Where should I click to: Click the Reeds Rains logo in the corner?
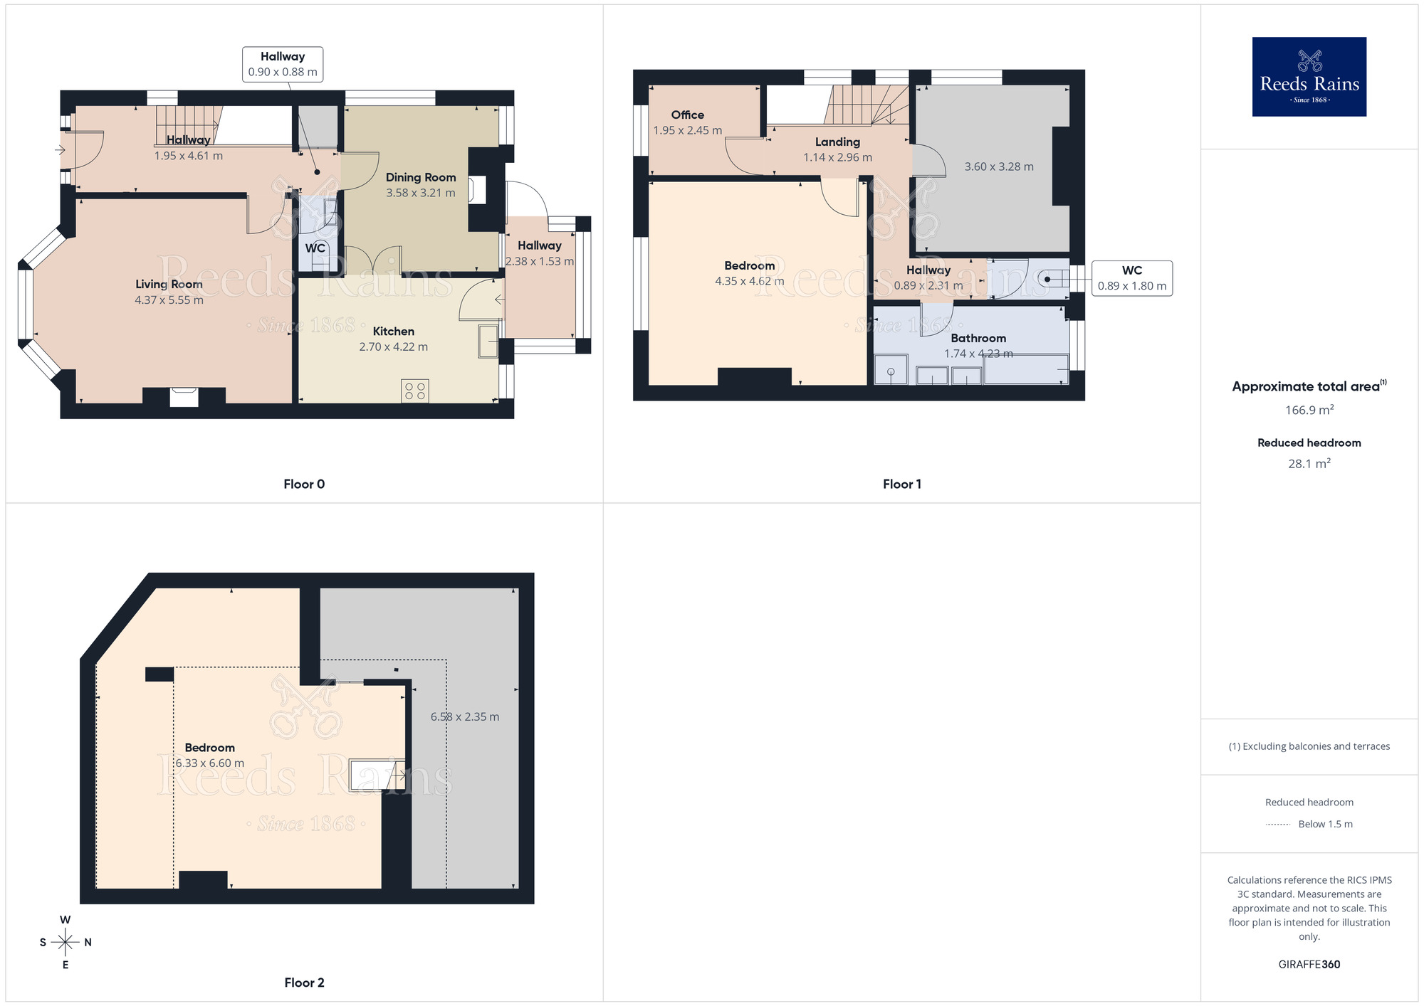1309,77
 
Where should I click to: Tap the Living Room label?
169,284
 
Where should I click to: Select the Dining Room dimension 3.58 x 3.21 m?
420,193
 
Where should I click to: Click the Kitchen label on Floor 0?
393,331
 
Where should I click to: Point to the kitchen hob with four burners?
414,391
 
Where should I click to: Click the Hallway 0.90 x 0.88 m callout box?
283,64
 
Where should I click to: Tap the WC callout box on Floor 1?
1131,278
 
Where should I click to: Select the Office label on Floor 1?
687,115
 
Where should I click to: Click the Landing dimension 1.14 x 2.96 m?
837,157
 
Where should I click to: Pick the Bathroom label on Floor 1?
978,338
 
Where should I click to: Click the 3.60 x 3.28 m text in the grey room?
999,166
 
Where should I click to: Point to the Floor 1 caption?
901,484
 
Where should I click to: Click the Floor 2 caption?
304,983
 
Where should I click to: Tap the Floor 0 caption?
304,484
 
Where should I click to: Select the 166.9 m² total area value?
1309,410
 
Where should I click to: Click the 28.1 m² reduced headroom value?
1309,463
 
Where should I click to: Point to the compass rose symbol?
66,943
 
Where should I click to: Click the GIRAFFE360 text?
1309,965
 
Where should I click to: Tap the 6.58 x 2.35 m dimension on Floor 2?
464,716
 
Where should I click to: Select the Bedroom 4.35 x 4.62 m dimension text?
749,281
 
